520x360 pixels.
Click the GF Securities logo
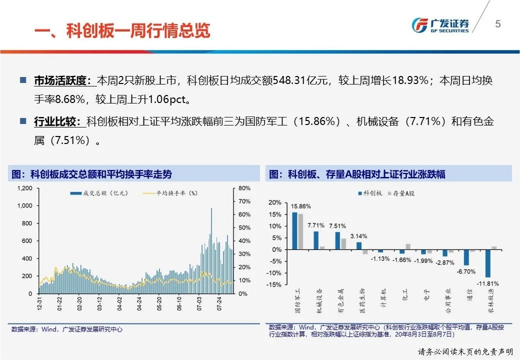[x=440, y=24]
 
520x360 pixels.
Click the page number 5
[x=497, y=24]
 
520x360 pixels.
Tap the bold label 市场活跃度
[x=62, y=80]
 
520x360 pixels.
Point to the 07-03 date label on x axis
[x=201, y=304]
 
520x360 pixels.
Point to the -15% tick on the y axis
[x=275, y=285]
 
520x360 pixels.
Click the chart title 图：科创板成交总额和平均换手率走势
[x=92, y=174]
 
